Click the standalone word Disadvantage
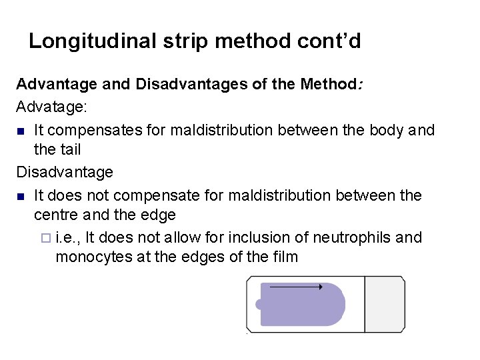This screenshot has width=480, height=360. point(65,173)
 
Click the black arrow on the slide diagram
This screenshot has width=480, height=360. point(296,287)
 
